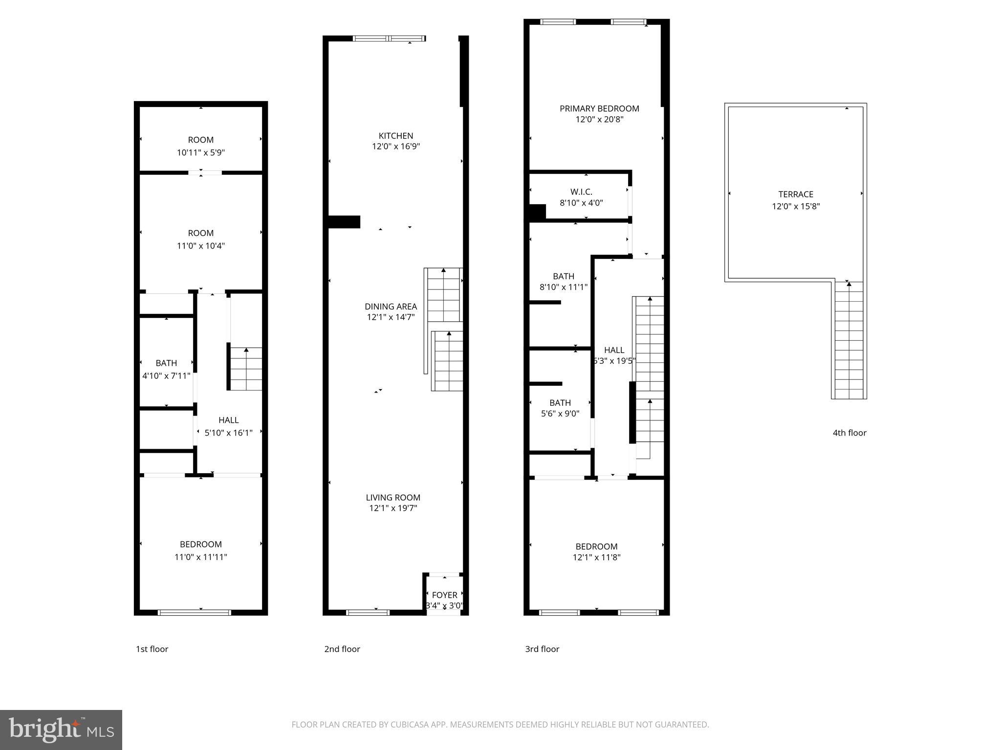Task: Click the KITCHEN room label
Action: (x=396, y=136)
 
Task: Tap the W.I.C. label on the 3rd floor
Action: (x=581, y=192)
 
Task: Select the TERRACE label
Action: (x=796, y=194)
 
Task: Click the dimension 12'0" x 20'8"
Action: (x=599, y=120)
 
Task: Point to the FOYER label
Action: (x=444, y=595)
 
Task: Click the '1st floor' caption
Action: (x=152, y=649)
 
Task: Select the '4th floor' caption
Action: (x=849, y=433)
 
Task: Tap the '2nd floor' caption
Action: (x=342, y=649)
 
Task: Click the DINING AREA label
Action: (x=391, y=307)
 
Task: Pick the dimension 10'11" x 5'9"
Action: (x=200, y=152)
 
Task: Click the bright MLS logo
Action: (x=61, y=730)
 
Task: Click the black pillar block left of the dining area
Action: (x=345, y=222)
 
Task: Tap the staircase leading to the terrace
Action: (x=849, y=342)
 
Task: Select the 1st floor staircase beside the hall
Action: (x=246, y=369)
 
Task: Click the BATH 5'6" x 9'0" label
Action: (x=560, y=403)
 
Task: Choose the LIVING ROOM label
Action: (x=393, y=498)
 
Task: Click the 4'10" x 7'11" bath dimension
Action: (x=166, y=376)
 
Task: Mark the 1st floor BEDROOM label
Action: (x=200, y=544)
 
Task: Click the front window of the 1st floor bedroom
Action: (x=194, y=612)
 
